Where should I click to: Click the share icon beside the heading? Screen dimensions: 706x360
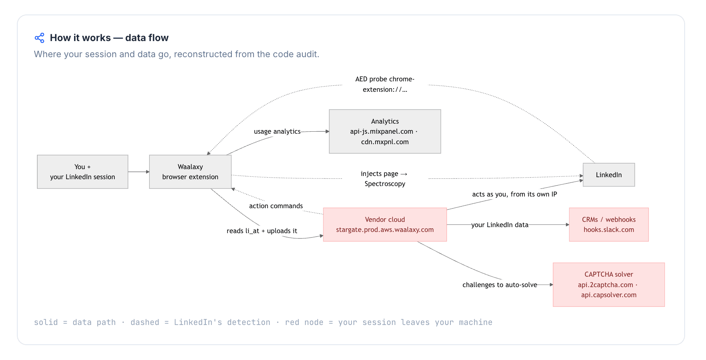39,38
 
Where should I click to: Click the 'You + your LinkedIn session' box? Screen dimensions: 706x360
83,172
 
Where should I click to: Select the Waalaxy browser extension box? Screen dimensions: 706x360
190,172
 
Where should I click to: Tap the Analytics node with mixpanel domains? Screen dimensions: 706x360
385,131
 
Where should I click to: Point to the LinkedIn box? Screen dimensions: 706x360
609,175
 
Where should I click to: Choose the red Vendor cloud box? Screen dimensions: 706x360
385,225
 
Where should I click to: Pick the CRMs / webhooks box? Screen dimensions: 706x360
609,225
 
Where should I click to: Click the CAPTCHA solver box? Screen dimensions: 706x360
609,285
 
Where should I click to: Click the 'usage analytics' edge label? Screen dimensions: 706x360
277,131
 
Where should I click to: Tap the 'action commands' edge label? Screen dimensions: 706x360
276,206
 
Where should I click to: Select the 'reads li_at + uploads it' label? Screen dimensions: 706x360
262,231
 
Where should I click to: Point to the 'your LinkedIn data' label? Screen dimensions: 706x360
500,225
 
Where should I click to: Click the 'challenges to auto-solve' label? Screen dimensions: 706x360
500,285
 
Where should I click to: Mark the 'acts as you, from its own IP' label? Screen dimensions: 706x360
514,194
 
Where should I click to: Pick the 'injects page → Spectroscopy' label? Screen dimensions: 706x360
384,179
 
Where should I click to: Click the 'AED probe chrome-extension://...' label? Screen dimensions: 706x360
385,84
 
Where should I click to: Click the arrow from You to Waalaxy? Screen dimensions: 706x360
138,172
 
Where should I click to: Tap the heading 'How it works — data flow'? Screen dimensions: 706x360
109,38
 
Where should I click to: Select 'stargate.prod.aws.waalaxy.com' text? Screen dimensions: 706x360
385,230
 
